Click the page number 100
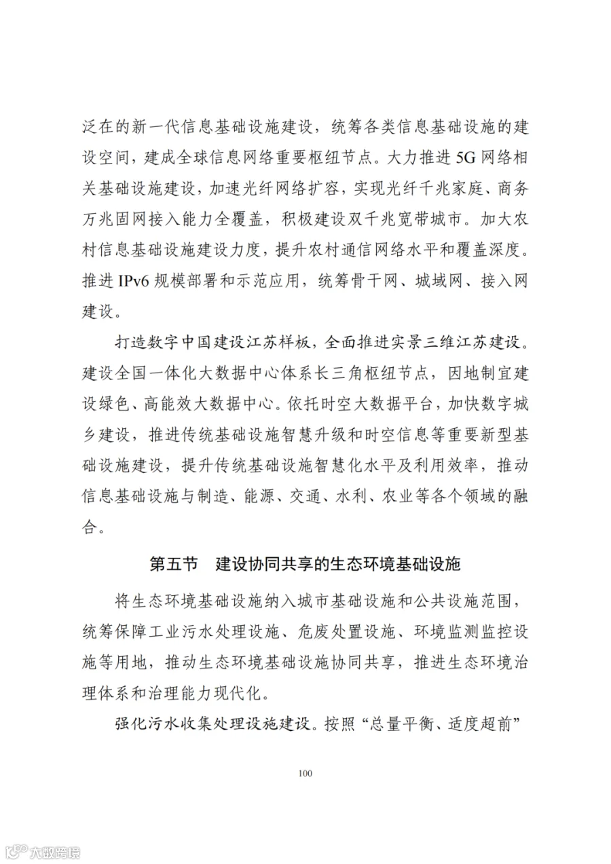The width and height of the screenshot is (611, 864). click(x=305, y=773)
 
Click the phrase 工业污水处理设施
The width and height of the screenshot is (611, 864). click(x=215, y=631)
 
